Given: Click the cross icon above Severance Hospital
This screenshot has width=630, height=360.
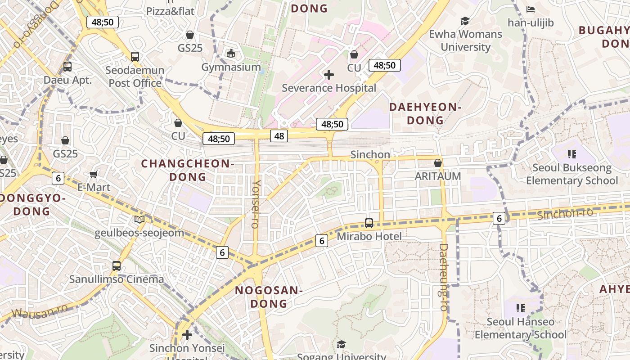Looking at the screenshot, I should coord(329,75).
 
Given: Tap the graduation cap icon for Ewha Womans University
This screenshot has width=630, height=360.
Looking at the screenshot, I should coord(465,21).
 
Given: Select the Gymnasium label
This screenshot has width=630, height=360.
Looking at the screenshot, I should coord(231,67).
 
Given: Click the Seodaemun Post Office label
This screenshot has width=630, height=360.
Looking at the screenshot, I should coord(135,77).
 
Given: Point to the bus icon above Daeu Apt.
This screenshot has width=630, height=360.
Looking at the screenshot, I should coord(67,67).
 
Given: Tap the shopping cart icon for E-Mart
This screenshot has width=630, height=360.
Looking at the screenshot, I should coord(94,174).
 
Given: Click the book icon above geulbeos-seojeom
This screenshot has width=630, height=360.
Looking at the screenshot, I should coord(139,220).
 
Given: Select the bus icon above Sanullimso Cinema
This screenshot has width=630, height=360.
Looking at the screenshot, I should coord(117,266).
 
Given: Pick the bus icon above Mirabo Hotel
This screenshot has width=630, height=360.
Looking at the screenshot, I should coord(369,223).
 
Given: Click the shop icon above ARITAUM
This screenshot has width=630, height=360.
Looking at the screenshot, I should coord(437,163).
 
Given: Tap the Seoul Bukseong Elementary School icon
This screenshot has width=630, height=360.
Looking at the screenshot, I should coord(572,155).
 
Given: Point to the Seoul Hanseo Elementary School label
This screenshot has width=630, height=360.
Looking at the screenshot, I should coord(521,328).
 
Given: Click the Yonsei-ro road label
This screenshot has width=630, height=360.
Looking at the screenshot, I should coord(256,204).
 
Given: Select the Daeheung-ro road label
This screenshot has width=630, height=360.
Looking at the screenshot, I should coord(444,277).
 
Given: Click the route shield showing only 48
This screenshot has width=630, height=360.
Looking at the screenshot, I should coord(279,135).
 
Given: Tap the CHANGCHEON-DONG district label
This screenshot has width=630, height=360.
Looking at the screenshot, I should coord(188,170).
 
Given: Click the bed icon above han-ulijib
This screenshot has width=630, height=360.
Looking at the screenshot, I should coord(531,9).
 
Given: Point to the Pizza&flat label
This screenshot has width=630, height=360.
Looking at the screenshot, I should coord(170,11).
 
